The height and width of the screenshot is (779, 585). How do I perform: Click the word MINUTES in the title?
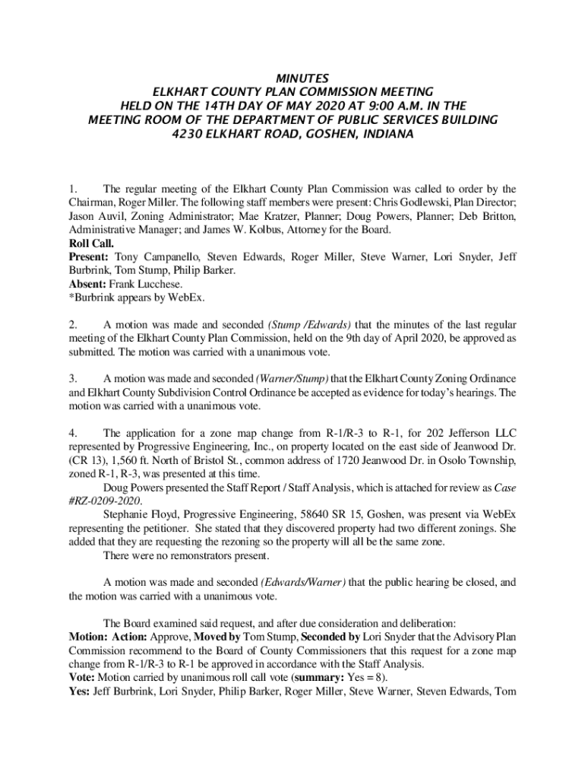click(x=292, y=78)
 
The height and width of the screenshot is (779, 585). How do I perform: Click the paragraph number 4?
click(x=72, y=433)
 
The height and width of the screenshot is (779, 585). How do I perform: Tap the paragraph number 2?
click(x=72, y=325)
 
